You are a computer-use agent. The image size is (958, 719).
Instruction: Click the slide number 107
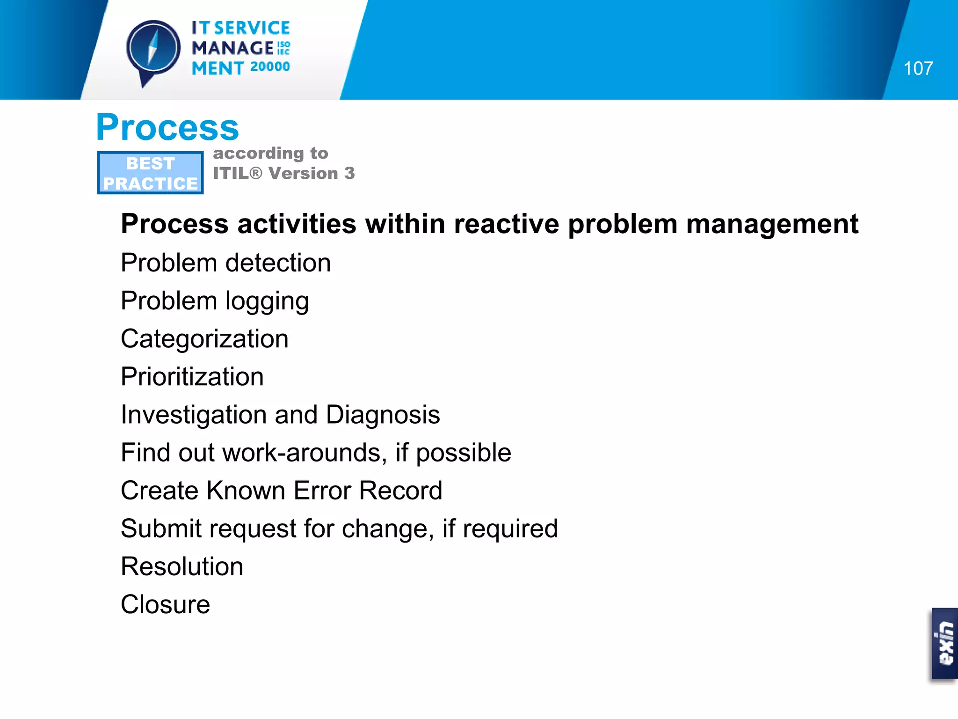[x=918, y=68]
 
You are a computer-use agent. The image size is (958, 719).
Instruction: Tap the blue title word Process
[x=167, y=127]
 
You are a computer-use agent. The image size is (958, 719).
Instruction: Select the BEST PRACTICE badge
[x=150, y=173]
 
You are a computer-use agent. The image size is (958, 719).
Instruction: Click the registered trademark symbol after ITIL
[x=256, y=174]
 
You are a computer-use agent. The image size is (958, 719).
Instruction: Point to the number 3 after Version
[x=349, y=174]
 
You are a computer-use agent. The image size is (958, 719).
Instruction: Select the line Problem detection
[x=225, y=263]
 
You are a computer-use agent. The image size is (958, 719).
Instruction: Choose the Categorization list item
[x=204, y=339]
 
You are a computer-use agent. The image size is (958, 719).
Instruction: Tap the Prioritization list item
[x=192, y=377]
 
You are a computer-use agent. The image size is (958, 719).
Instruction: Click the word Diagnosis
[x=383, y=415]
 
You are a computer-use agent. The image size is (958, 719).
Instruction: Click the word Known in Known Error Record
[x=246, y=491]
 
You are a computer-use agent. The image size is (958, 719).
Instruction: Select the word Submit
[x=161, y=528]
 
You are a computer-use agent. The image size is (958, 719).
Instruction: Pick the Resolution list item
[x=182, y=566]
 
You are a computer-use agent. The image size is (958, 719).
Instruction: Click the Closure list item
[x=165, y=604]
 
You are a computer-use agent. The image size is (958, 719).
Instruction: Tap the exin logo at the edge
[x=945, y=643]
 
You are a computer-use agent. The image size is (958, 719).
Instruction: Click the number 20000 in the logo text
[x=270, y=67]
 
